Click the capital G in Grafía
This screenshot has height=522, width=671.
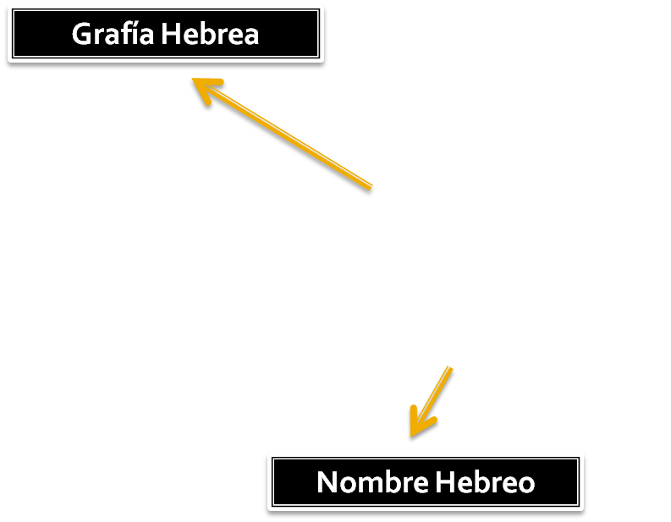[x=82, y=35]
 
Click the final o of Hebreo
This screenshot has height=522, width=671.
[x=525, y=485]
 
